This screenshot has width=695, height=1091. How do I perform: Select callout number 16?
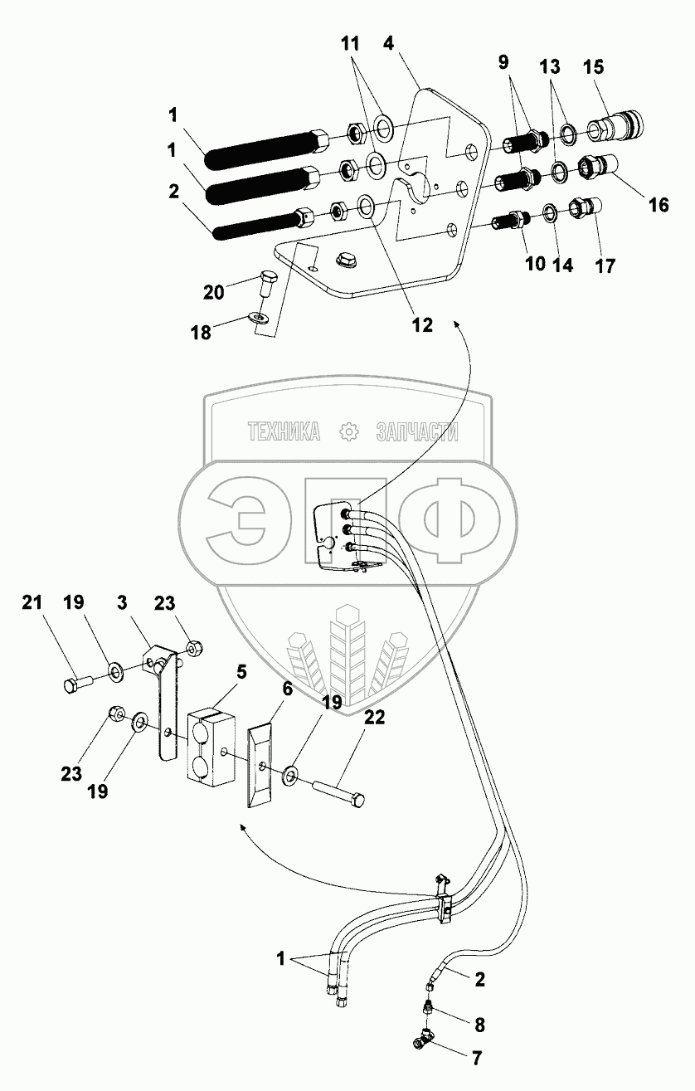click(658, 204)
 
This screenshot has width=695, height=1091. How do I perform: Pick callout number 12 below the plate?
click(423, 325)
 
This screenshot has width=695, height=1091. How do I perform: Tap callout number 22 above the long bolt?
click(374, 718)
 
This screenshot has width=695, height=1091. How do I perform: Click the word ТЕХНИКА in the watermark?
click(284, 431)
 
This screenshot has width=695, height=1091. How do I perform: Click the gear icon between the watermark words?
click(348, 431)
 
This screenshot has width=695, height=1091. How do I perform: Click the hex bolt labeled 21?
click(79, 684)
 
